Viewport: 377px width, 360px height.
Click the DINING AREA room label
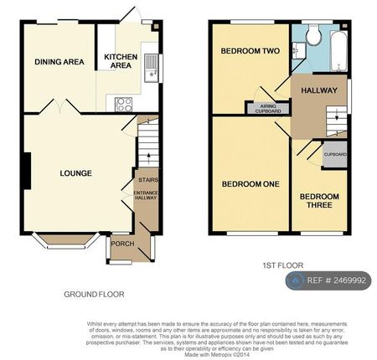[x=59, y=61]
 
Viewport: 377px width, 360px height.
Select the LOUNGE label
[x=75, y=173]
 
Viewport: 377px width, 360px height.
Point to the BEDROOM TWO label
[x=249, y=50]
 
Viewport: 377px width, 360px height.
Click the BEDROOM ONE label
[x=250, y=184]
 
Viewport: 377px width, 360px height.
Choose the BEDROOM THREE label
[x=319, y=202]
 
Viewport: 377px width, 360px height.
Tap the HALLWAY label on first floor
[x=319, y=90]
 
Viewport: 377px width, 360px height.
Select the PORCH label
[x=121, y=244]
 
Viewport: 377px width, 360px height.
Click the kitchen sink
[x=151, y=65]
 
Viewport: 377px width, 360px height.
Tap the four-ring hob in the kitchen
[x=122, y=104]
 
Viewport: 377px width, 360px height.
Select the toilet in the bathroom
[x=312, y=35]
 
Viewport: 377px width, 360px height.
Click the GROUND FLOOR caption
[x=94, y=294]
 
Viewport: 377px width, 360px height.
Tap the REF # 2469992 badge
[x=329, y=281]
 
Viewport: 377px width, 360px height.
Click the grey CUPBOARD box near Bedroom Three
[x=335, y=156]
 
